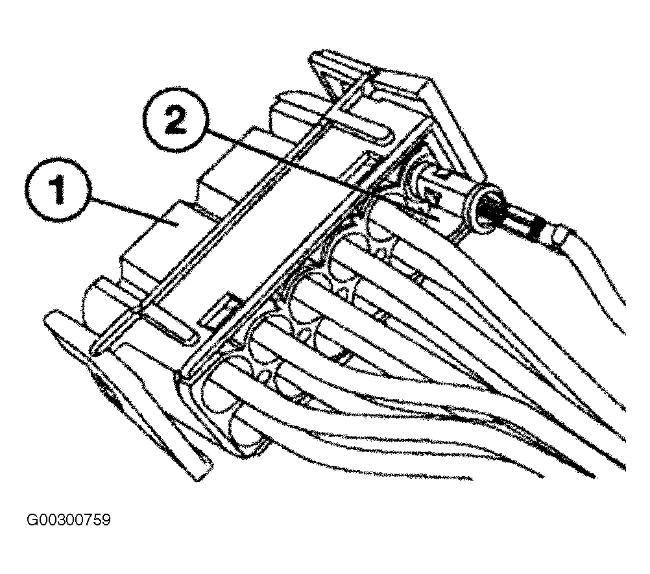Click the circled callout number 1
click(x=57, y=190)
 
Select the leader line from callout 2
click(x=323, y=173)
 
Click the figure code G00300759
click(x=69, y=520)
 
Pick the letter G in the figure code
click(x=31, y=520)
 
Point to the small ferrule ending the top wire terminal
click(x=556, y=236)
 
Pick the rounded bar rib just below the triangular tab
click(x=357, y=127)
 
